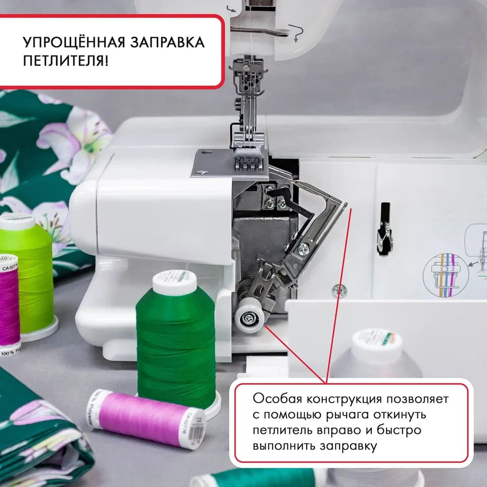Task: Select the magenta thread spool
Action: coord(9,303)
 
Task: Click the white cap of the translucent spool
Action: coord(376,344)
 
